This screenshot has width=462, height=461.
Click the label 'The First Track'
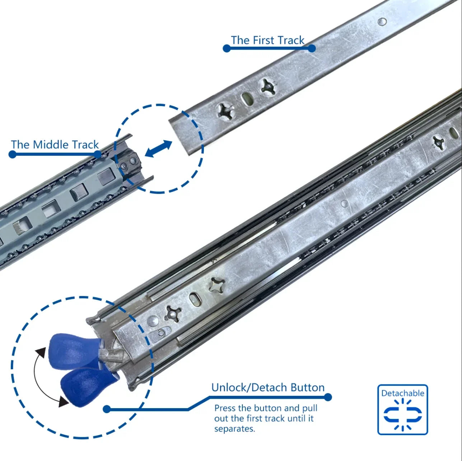click(267, 40)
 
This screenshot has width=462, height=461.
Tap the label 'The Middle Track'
click(55, 145)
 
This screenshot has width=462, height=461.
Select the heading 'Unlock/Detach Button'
click(268, 388)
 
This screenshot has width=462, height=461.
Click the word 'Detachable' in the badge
click(402, 393)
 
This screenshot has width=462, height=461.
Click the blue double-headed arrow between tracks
click(158, 149)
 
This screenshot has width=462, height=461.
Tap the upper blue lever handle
click(75, 351)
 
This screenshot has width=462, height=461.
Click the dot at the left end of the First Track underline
click(227, 48)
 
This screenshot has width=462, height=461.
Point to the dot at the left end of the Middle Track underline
click(12, 154)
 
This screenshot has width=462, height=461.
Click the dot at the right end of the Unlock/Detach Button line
click(328, 397)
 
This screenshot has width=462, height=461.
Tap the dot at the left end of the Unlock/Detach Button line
click(107, 409)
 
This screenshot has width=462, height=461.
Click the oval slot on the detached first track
click(246, 99)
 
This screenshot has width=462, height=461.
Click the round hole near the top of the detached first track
click(382, 22)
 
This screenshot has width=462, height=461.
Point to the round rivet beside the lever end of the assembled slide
click(153, 321)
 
